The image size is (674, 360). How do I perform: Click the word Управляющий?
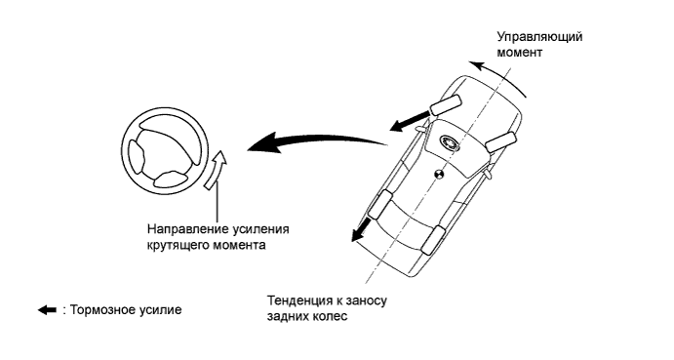[x=539, y=37]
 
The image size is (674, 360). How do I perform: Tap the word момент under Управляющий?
[x=519, y=53]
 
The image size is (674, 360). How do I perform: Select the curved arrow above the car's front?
[x=497, y=76]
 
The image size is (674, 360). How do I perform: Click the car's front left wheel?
[x=446, y=105]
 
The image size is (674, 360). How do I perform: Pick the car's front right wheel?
[x=500, y=141]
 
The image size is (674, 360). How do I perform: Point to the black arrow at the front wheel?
[x=410, y=120]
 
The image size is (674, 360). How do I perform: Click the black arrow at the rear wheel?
[x=361, y=229]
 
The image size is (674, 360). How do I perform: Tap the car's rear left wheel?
[x=380, y=204]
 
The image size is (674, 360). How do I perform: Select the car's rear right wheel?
[x=434, y=240]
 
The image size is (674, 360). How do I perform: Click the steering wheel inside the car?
[x=450, y=142]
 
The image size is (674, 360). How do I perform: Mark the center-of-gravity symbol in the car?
[x=439, y=175]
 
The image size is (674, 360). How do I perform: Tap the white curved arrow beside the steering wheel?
[x=216, y=170]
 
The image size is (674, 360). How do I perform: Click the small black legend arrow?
[x=47, y=310]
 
